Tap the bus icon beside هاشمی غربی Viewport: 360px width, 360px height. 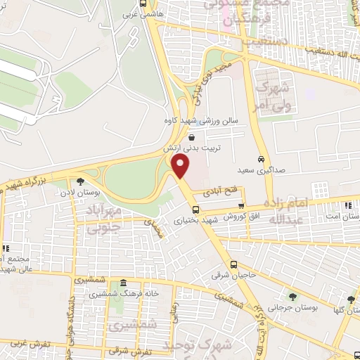(x=143, y=4)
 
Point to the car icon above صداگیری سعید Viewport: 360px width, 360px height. (x=261, y=159)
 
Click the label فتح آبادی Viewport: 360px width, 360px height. (x=225, y=190)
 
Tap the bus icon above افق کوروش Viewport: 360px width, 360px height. (x=241, y=206)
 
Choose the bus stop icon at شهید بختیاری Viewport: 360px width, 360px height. (x=195, y=210)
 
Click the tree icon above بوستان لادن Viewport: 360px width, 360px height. (x=89, y=181)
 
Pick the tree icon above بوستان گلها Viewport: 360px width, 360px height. (x=351, y=300)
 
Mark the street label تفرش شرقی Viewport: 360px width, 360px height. (x=127, y=349)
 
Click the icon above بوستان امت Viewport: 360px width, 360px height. (x=348, y=205)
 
